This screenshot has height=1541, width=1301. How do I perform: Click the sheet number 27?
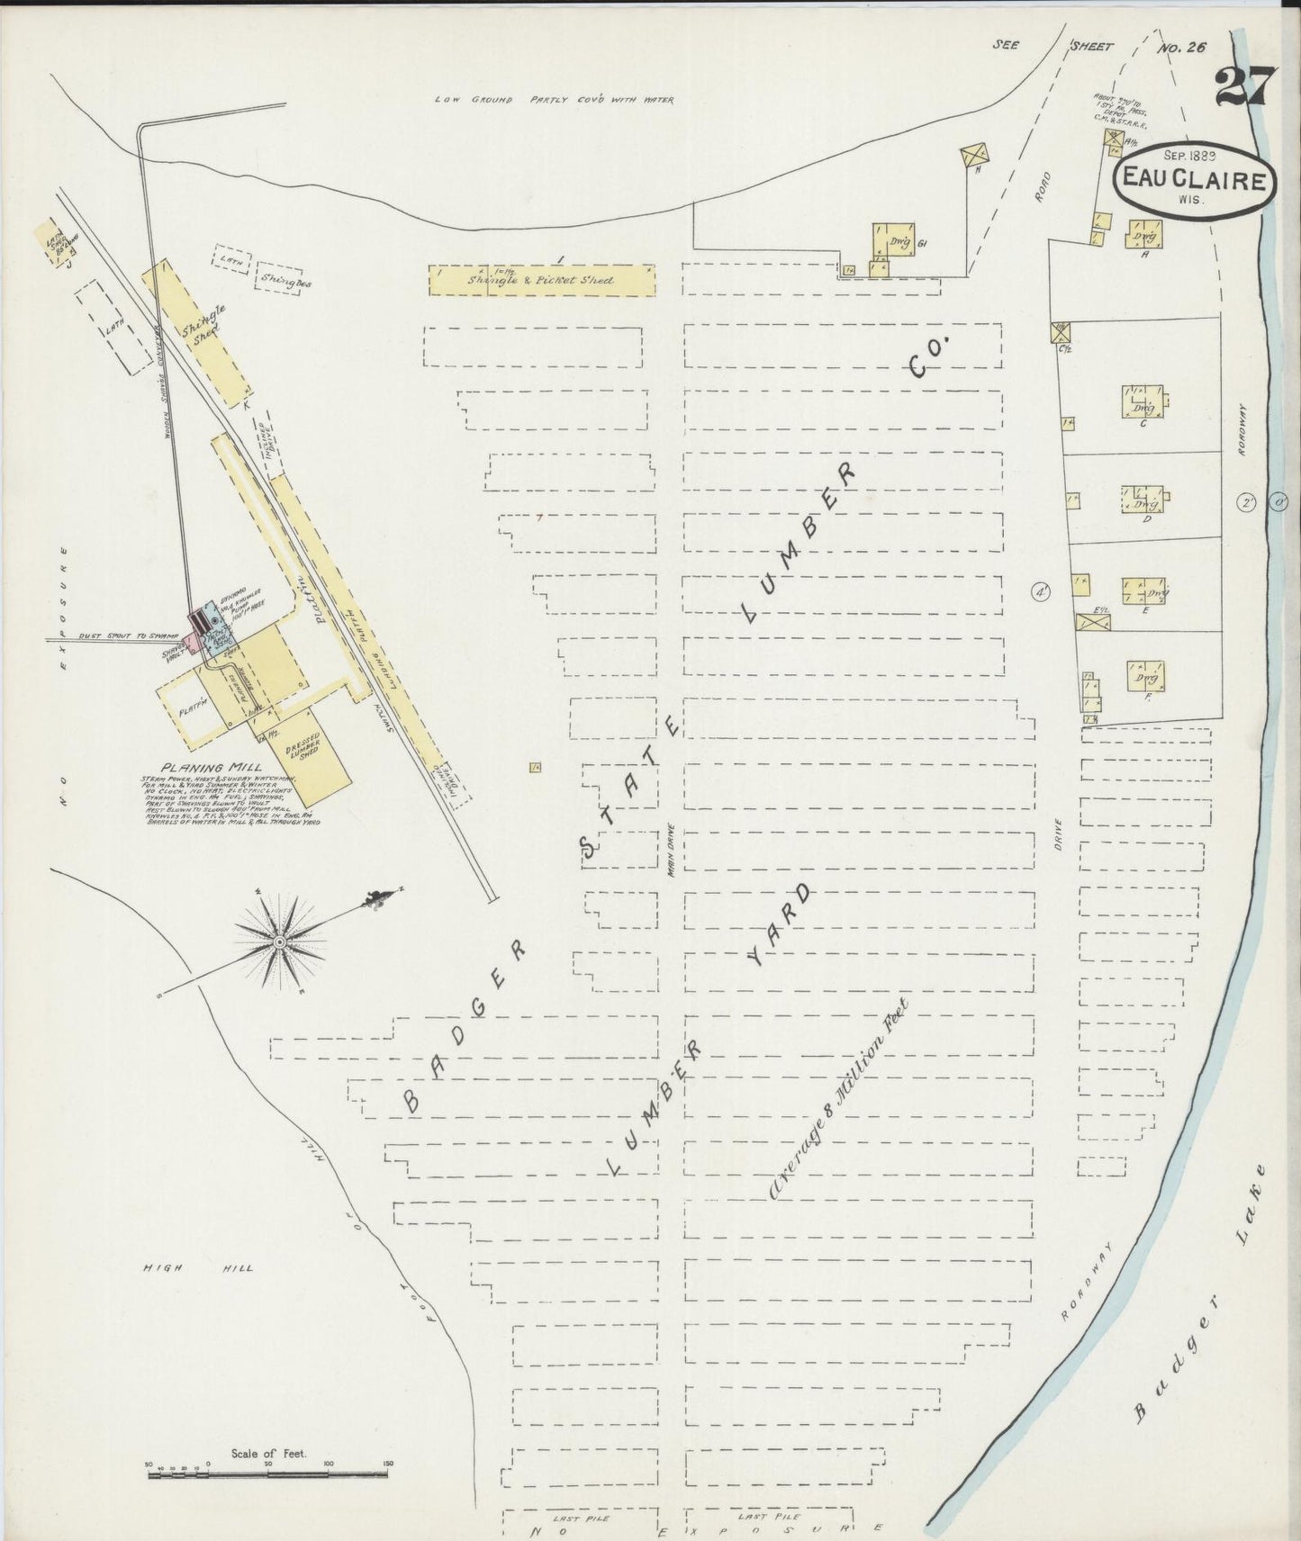point(1245,87)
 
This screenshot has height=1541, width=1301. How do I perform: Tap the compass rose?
point(280,942)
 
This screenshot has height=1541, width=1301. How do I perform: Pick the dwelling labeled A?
point(1143,236)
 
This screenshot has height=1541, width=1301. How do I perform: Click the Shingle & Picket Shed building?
point(541,280)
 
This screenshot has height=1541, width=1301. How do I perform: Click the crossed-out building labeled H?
point(974,157)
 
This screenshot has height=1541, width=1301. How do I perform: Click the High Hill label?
point(199,1268)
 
